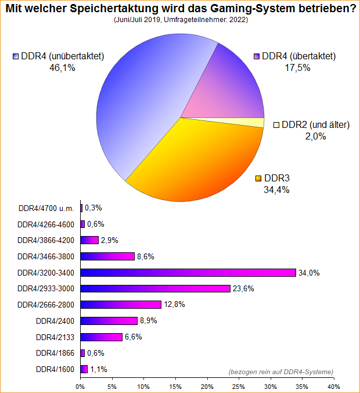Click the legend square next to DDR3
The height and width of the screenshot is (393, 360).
click(258, 178)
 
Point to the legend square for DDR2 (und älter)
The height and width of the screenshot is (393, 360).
click(277, 125)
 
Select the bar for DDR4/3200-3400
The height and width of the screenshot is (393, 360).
click(188, 273)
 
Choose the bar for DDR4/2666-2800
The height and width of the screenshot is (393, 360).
click(121, 305)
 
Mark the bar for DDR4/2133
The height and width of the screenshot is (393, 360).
click(101, 337)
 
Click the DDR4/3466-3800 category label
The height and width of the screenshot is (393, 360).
click(46, 256)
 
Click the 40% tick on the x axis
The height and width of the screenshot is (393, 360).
click(333, 385)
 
